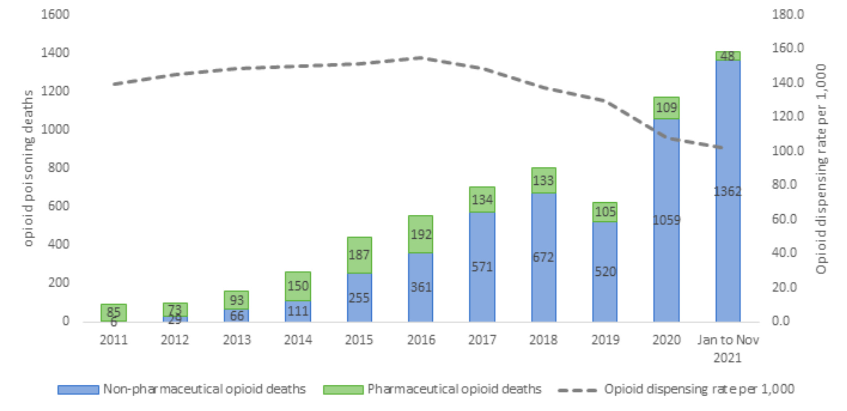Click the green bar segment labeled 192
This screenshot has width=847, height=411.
coord(420,234)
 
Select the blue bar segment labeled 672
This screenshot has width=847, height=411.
coord(543,257)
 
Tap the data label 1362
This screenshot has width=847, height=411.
coord(727,192)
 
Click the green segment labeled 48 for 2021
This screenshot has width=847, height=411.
coord(728,56)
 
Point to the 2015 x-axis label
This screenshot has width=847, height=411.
coord(359,340)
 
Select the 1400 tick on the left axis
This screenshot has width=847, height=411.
coord(55,53)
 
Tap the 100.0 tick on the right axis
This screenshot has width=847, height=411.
coord(788,151)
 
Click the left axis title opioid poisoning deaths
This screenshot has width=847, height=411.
coord(28,168)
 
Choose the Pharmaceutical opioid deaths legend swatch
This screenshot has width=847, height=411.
coord(343,389)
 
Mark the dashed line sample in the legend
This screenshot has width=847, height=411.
coord(577,390)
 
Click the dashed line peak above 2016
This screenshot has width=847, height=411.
coord(421,58)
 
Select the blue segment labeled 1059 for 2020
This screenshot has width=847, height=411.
coord(666,220)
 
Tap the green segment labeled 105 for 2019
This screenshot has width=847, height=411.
coord(605,212)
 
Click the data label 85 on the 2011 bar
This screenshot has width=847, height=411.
coord(114,311)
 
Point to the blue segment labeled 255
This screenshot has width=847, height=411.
coord(359,298)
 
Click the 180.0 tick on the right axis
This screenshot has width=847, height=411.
coord(788,14)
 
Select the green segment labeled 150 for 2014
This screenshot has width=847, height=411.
coord(298,286)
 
